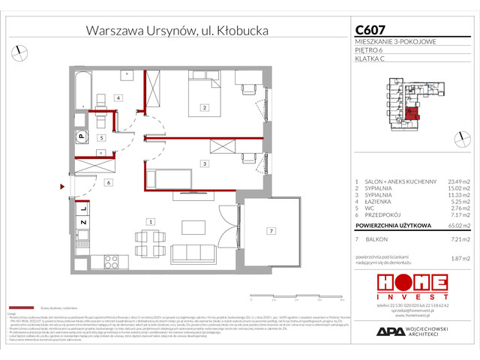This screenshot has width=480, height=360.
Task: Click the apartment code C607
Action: click(x=371, y=30)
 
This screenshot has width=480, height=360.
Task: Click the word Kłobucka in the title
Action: click(x=239, y=31)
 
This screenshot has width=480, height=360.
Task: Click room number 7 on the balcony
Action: click(x=272, y=230)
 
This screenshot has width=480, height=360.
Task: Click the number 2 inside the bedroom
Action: click(x=203, y=108)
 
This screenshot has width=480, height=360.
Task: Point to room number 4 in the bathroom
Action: click(x=118, y=98)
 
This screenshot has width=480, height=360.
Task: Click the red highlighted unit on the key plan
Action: click(x=413, y=115)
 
